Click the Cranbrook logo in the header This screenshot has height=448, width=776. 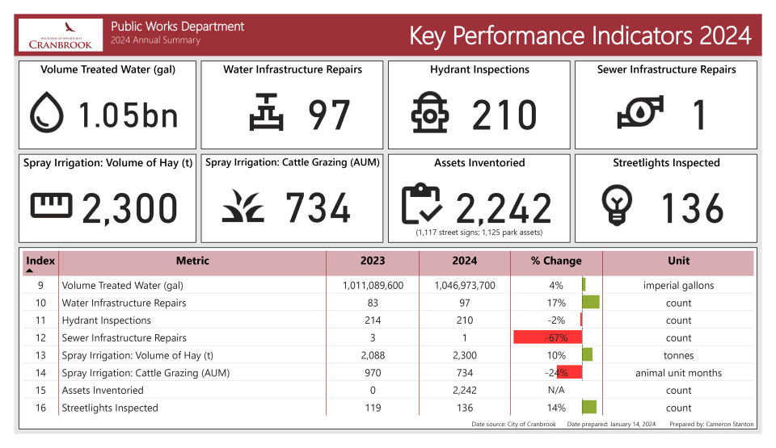pos(60,36)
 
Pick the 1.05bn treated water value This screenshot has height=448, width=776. pos(128,115)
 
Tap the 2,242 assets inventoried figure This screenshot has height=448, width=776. pos(504,207)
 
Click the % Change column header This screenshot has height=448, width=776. pos(556,261)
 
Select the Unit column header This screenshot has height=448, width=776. pos(678,261)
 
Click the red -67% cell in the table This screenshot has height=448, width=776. pos(547,337)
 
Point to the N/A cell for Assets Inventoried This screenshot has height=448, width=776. pos(556,390)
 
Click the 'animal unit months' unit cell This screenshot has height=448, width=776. pos(678,373)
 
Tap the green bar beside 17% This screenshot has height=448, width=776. pos(591,303)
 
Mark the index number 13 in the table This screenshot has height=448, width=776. pos(40,355)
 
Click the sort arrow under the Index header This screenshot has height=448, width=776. pos(30,272)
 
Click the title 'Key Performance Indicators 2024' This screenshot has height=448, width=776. pos(580,36)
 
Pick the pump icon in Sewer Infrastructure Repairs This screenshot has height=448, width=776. pos(640,113)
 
